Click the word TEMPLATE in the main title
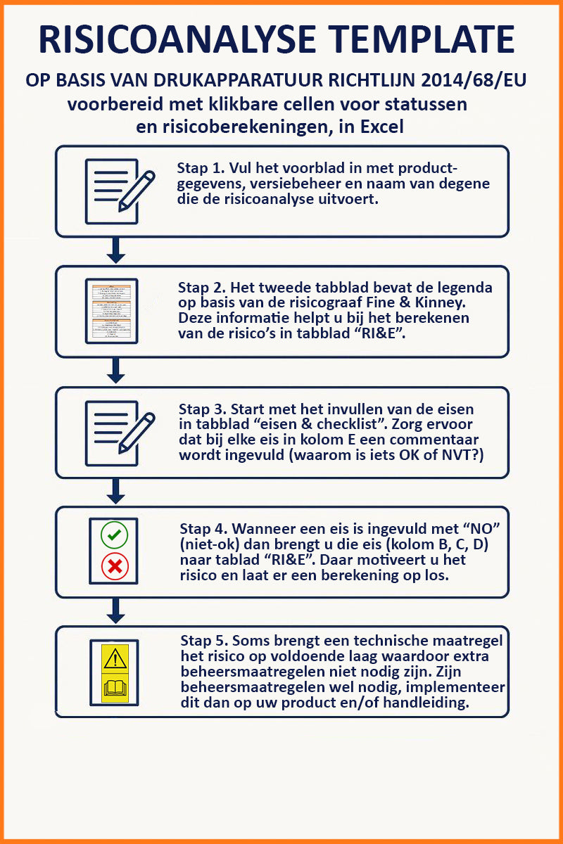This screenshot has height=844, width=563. click(x=423, y=39)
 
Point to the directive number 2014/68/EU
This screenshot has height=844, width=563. click(x=474, y=80)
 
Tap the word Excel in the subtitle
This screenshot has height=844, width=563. click(x=382, y=127)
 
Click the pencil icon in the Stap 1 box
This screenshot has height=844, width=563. click(x=137, y=191)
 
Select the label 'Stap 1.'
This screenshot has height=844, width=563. click(x=201, y=168)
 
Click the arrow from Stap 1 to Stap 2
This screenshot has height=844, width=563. click(x=116, y=250)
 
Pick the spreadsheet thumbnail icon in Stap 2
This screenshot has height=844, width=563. click(x=112, y=311)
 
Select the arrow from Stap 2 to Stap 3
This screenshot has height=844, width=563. click(x=116, y=371)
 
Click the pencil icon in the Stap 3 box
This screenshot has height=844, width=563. click(x=137, y=433)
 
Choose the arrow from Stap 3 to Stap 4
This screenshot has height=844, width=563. click(x=116, y=491)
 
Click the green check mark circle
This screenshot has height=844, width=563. click(x=114, y=535)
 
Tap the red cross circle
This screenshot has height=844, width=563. click(x=115, y=566)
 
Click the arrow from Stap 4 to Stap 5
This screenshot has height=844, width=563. click(x=116, y=610)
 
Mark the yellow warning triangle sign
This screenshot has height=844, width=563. click(x=115, y=658)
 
